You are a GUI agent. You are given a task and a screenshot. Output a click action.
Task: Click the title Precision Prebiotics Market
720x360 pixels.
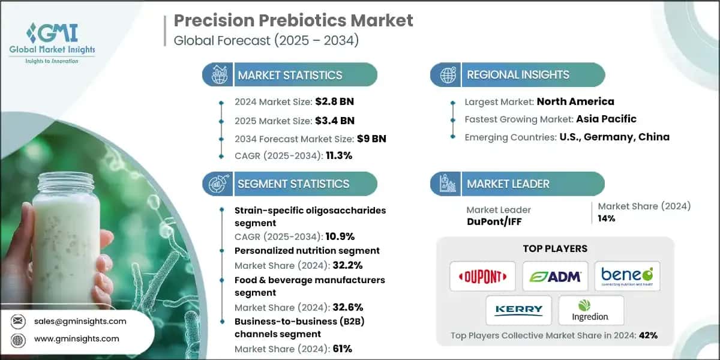tap(293, 20)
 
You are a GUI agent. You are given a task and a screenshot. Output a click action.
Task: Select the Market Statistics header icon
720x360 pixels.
tap(217, 75)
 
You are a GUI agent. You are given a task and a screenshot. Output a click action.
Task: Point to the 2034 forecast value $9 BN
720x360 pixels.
tap(371, 139)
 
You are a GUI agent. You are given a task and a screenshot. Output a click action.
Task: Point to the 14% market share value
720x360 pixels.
tap(607, 218)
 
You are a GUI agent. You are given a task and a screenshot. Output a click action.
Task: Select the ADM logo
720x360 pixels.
tap(555, 276)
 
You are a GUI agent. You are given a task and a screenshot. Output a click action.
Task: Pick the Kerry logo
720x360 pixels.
tap(519, 310)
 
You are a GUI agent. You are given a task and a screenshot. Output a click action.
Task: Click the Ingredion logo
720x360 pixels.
tap(591, 310)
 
